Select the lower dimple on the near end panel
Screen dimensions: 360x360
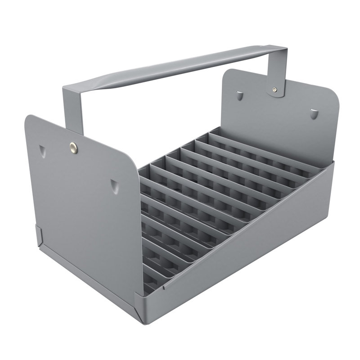pos(114,185)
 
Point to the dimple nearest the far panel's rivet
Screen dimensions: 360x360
pos(240,95)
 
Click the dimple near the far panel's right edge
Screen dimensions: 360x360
pos(314,113)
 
